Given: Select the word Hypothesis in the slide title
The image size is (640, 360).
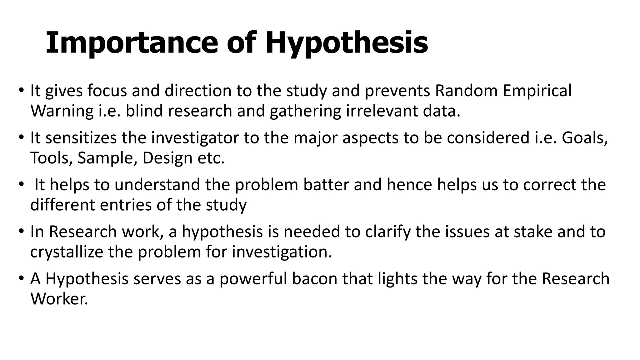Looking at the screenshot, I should point(347,44).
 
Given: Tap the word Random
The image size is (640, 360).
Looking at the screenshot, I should point(466,91).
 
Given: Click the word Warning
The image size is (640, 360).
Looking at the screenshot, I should point(62,111).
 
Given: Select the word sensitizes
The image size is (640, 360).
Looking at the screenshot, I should point(81,138).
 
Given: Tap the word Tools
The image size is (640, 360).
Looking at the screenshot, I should point(51,158).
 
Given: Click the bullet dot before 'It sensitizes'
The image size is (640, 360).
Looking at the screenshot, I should point(21,137).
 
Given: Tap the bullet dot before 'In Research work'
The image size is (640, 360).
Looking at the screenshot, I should point(21,232).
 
